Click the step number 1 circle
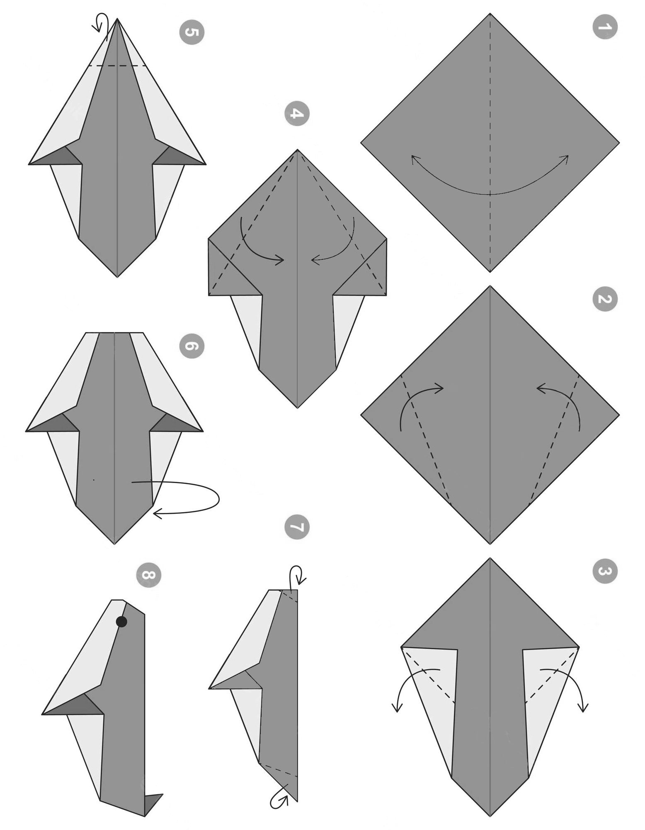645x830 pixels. coord(605,27)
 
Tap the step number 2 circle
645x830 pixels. coord(605,299)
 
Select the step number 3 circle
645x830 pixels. coord(605,571)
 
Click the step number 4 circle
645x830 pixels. coord(297,113)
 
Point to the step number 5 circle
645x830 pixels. coord(192,32)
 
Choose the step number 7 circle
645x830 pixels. coord(297,527)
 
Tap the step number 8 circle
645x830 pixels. coord(148,575)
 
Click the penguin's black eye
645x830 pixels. coord(121,622)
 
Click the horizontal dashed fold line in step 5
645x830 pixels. coord(118,66)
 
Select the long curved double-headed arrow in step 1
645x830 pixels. coord(490,193)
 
